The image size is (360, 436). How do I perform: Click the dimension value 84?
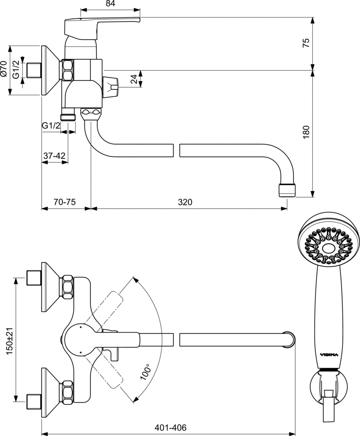(x=110, y=4)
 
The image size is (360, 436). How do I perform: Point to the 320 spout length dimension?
(x=185, y=202)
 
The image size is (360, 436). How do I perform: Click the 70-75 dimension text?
(x=65, y=202)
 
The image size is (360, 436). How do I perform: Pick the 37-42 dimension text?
(x=55, y=156)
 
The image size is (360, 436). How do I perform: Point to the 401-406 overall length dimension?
(x=171, y=427)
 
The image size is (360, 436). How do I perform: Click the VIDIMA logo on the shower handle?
(x=328, y=354)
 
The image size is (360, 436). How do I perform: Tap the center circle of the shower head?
(x=328, y=248)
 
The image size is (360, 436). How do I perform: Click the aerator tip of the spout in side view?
(x=286, y=190)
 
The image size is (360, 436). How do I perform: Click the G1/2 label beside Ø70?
(x=16, y=69)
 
